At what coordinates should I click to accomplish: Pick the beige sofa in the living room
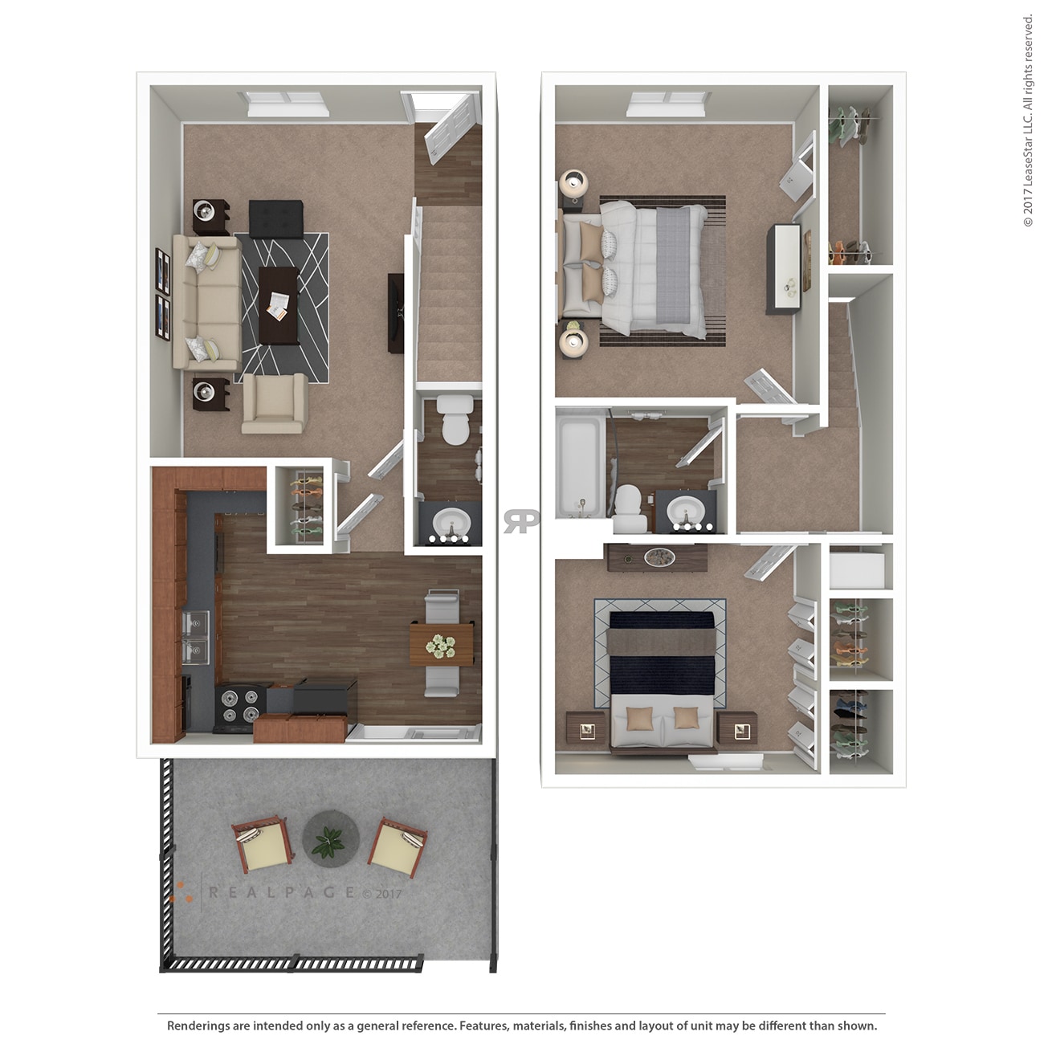(x=206, y=301)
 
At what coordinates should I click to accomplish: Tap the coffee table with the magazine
(x=278, y=305)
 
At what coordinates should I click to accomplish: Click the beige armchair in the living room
(x=275, y=403)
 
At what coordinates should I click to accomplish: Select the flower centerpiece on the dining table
(x=440, y=645)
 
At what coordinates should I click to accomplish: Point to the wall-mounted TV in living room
(x=396, y=312)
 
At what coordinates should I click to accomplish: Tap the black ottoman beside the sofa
(x=275, y=218)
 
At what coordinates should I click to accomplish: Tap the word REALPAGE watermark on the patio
(x=281, y=892)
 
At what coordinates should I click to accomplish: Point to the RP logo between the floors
(x=521, y=521)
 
